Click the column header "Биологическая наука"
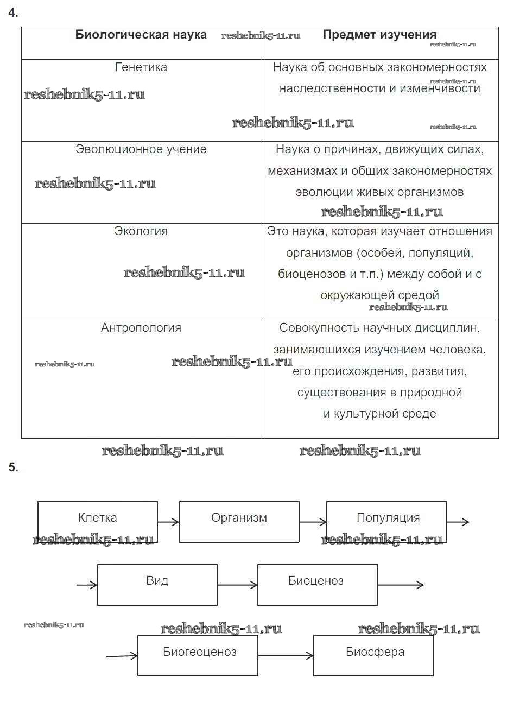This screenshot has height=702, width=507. [x=141, y=35]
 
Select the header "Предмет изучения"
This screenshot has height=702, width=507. [x=379, y=35]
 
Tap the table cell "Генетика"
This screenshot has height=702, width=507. [x=141, y=67]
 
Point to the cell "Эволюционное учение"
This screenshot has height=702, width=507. [x=141, y=149]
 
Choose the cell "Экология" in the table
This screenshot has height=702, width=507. [x=141, y=231]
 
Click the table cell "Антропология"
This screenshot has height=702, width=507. [x=141, y=328]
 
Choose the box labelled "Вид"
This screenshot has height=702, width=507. [x=157, y=584]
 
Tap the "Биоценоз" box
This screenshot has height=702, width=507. [x=317, y=584]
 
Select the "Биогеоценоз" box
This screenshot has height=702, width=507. [x=198, y=655]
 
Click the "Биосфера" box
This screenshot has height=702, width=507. [x=373, y=655]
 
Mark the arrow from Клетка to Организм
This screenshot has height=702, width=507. [x=168, y=522]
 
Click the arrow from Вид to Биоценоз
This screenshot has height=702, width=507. [x=237, y=585]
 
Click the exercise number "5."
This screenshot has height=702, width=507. [x=14, y=467]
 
